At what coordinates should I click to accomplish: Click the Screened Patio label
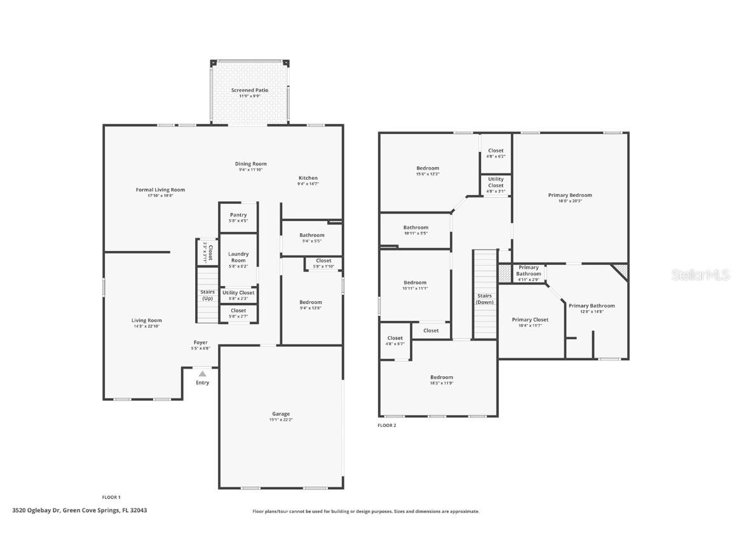click(249, 90)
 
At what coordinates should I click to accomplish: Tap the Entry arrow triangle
click(202, 374)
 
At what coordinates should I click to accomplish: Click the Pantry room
click(238, 217)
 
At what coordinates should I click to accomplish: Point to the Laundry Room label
click(238, 257)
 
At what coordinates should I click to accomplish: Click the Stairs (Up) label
click(207, 295)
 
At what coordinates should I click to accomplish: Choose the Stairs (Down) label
click(485, 299)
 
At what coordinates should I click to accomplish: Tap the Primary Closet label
click(530, 320)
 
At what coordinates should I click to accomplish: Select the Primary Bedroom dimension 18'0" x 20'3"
click(570, 201)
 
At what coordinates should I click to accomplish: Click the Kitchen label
click(308, 178)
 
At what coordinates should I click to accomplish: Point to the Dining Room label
click(250, 164)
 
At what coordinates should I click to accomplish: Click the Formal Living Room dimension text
click(160, 196)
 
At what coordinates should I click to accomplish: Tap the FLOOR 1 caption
click(111, 497)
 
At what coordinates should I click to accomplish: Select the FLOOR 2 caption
click(386, 425)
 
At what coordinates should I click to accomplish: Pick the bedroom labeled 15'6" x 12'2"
click(428, 170)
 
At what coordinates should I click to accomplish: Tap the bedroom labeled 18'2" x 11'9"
click(441, 380)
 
